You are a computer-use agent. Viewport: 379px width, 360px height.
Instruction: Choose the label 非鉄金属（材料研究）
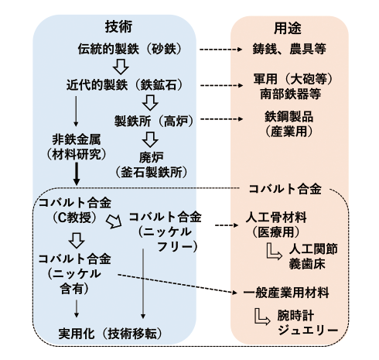click(x=74, y=146)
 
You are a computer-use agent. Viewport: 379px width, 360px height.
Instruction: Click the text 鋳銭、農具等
click(x=289, y=49)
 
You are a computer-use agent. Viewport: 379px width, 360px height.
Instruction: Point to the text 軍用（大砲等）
click(x=289, y=79)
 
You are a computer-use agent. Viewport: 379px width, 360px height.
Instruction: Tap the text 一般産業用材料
click(x=285, y=293)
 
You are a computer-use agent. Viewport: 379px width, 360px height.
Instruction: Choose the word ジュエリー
click(x=310, y=331)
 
